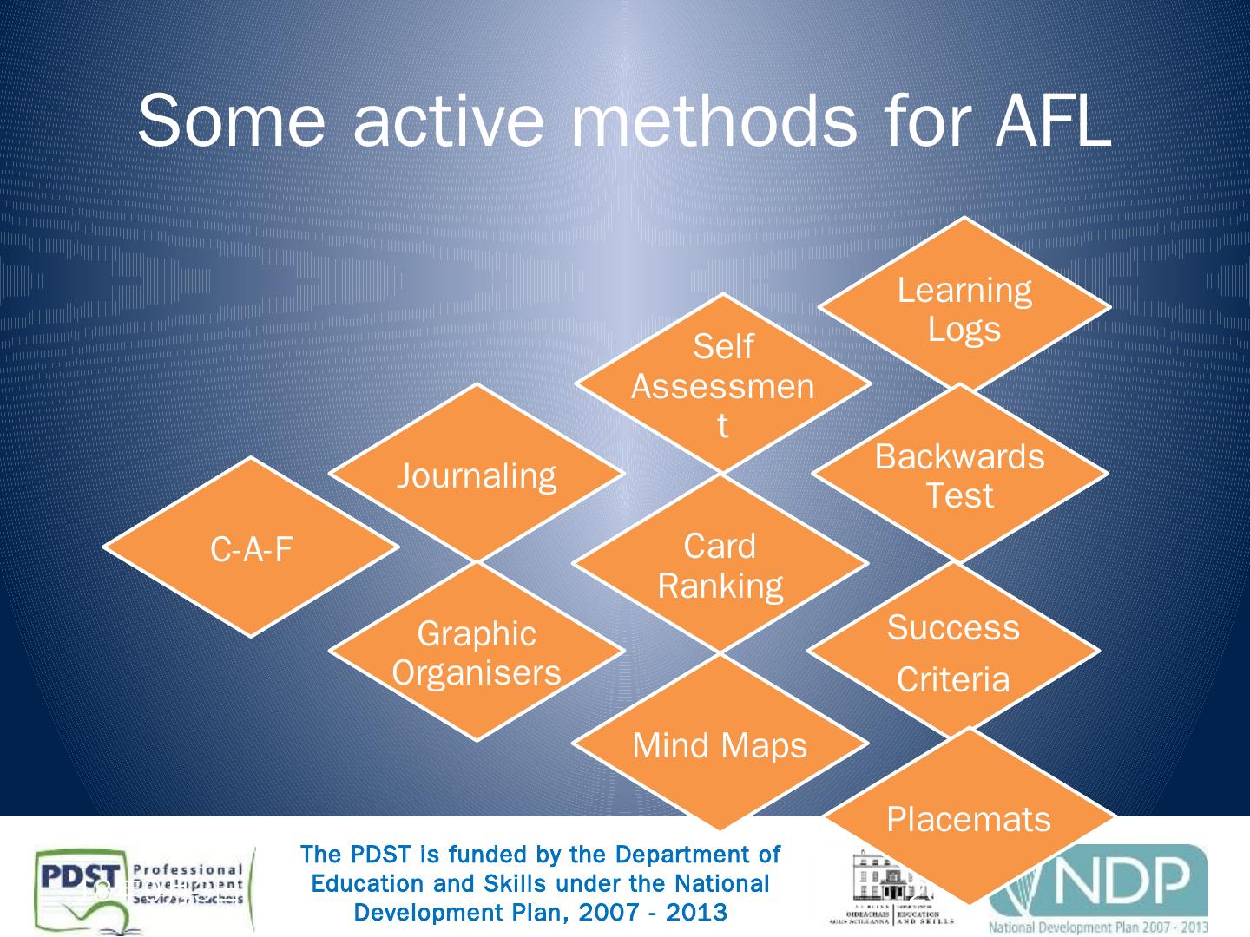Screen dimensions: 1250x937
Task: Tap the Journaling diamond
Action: (x=477, y=475)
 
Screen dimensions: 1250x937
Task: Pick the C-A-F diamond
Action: (x=251, y=548)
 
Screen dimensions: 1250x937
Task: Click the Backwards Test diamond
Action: (x=959, y=475)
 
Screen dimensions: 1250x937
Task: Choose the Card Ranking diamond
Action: (x=720, y=565)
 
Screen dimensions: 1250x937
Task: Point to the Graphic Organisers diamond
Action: (x=477, y=652)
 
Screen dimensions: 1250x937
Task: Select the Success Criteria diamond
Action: (x=953, y=652)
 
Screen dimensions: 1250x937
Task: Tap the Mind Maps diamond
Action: (x=720, y=744)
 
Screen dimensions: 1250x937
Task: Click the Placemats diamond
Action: (x=968, y=818)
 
